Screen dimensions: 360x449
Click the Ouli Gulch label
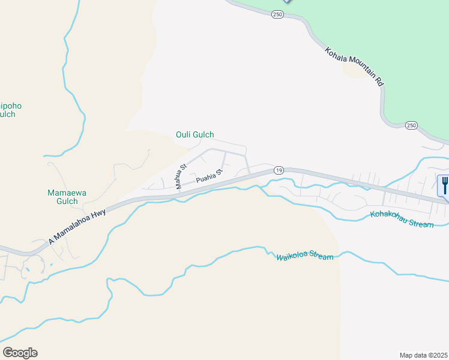[194, 135]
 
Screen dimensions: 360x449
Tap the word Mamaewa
[63, 193]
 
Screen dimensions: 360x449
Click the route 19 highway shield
[279, 170]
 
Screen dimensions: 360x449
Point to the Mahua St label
[181, 176]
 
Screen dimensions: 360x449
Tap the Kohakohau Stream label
[402, 219]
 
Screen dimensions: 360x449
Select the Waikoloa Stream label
[304, 257]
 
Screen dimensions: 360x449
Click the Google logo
[20, 353]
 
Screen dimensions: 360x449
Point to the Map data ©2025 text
[423, 355]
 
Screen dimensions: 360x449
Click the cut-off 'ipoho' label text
[10, 106]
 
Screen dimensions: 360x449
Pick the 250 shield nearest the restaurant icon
[411, 125]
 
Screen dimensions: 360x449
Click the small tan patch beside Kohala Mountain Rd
[356, 70]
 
